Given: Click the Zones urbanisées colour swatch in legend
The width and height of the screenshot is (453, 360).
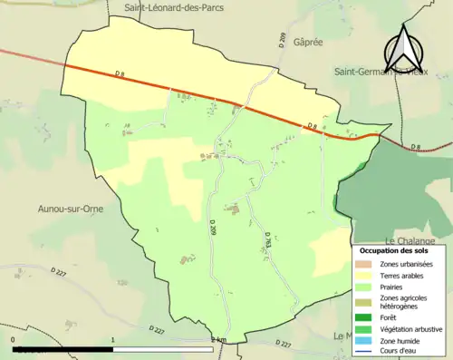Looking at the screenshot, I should click(363, 264).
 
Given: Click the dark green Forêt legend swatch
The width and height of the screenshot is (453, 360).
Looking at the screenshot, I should click(363, 316).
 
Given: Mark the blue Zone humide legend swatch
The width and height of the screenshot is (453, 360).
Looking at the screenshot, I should click(363, 340).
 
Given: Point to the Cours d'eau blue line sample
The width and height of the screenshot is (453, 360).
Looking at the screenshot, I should click(363, 351).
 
